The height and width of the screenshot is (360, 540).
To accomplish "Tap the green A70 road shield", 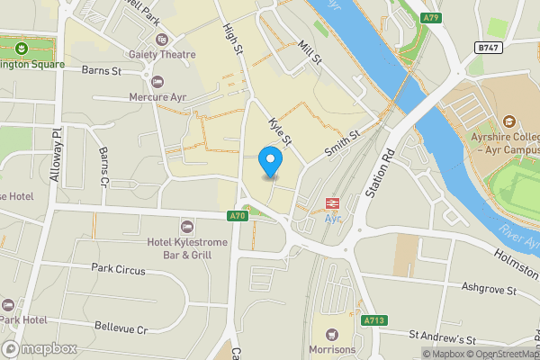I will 237,216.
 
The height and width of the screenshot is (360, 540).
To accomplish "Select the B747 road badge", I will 488,46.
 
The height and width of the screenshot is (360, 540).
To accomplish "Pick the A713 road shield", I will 374,319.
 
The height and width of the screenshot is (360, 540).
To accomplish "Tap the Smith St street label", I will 342,145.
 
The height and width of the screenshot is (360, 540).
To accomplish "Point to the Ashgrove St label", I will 488,291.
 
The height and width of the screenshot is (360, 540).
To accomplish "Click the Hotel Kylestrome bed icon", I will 186,226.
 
